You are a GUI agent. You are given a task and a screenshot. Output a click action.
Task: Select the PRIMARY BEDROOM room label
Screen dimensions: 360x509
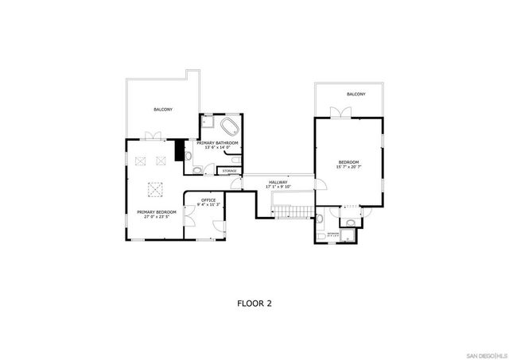pyautogui.click(x=156, y=212)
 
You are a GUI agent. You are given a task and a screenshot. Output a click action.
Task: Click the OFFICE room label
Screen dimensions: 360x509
pyautogui.click(x=208, y=199)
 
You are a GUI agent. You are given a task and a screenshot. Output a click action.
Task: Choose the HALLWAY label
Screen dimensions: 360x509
pyautogui.click(x=278, y=182)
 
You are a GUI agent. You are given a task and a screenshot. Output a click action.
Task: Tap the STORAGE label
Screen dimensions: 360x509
pyautogui.click(x=230, y=171)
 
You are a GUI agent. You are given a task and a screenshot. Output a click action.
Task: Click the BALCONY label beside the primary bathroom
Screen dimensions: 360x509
pyautogui.click(x=163, y=109)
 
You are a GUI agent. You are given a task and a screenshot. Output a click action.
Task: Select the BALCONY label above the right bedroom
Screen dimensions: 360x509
pyautogui.click(x=356, y=95)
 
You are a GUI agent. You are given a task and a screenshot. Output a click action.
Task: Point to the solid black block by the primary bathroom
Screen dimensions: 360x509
pyautogui.click(x=179, y=149)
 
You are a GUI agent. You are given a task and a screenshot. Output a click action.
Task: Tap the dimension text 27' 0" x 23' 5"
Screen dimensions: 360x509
pyautogui.click(x=156, y=217)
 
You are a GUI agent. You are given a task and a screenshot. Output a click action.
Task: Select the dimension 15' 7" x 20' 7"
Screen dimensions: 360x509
pyautogui.click(x=349, y=167)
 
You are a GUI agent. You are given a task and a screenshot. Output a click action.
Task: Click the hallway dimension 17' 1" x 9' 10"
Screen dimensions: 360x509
pyautogui.click(x=278, y=187)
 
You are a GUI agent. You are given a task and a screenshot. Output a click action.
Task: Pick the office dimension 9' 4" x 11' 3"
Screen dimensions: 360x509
pyautogui.click(x=208, y=204)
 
